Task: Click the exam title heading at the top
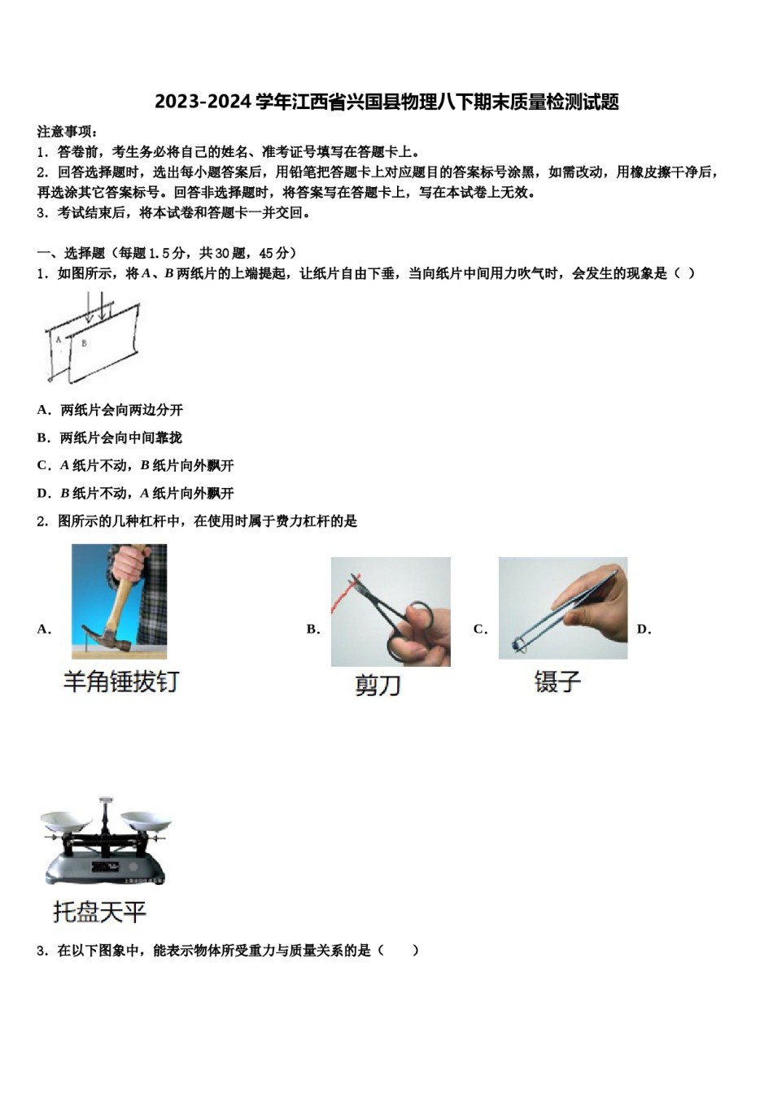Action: (386, 102)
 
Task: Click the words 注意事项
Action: (67, 132)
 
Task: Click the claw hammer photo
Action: (119, 601)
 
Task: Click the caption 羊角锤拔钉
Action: (121, 681)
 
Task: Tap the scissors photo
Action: (391, 612)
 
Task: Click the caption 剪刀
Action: (378, 685)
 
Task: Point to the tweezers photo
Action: (562, 607)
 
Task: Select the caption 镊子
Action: (557, 681)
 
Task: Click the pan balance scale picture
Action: (106, 842)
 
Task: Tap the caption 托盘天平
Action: (99, 912)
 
